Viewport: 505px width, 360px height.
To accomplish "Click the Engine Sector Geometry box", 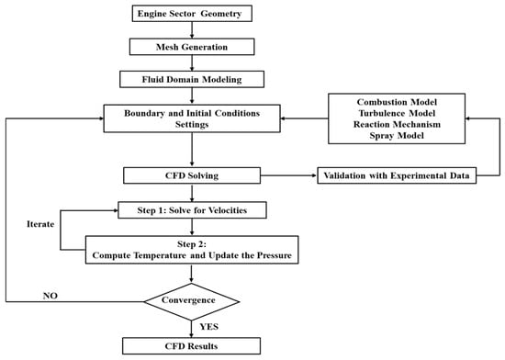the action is [x=192, y=14].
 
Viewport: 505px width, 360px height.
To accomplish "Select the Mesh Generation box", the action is [x=192, y=47].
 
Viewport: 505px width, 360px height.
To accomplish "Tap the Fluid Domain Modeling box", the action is [x=192, y=79].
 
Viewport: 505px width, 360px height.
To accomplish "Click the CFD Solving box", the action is [x=192, y=175].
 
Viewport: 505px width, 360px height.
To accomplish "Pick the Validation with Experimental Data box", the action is [x=397, y=175].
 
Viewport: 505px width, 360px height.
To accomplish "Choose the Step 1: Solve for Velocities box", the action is [x=192, y=210].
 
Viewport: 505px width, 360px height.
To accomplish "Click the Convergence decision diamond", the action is [x=192, y=302].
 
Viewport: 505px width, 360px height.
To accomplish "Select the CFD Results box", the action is [x=192, y=346].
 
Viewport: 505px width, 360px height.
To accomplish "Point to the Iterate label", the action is [x=40, y=224].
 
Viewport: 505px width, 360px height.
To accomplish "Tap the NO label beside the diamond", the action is [x=50, y=296].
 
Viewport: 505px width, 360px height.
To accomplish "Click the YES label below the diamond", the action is [x=209, y=327].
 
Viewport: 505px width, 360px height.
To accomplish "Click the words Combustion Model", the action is [x=397, y=102].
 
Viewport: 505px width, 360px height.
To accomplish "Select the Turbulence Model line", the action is [x=397, y=113].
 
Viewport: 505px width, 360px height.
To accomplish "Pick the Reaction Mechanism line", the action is [x=397, y=124].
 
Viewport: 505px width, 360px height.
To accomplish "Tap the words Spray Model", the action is [x=397, y=136].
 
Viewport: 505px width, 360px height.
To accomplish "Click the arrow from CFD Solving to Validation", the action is [x=289, y=175].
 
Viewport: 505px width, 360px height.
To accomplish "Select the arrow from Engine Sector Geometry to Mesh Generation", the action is [x=192, y=30].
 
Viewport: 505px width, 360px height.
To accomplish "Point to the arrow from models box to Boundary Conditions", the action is [x=304, y=118].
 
